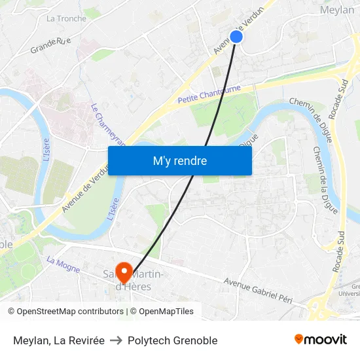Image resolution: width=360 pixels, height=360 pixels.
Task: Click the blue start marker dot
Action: point(236,37)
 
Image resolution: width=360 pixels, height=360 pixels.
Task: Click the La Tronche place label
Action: point(66,18)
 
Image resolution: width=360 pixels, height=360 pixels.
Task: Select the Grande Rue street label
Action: point(50,45)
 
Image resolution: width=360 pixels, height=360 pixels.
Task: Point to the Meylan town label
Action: point(337,10)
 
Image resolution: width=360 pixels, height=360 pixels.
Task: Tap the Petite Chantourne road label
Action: point(209,94)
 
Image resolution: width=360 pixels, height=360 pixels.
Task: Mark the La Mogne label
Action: point(63,264)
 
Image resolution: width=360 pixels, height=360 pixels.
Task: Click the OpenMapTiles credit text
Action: point(166,312)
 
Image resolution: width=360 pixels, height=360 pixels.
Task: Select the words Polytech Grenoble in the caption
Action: point(173,340)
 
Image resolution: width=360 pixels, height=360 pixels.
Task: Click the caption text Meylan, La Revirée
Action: point(59,340)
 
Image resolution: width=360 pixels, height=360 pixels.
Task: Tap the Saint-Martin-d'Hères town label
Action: point(134,280)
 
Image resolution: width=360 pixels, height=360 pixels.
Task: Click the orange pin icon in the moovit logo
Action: point(299,339)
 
